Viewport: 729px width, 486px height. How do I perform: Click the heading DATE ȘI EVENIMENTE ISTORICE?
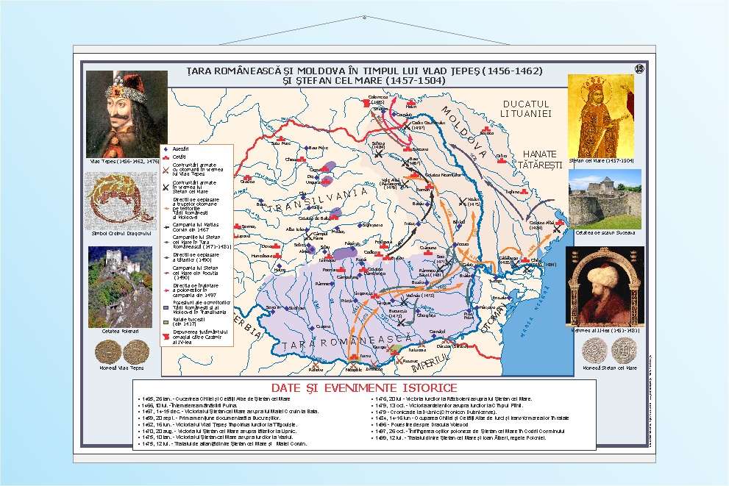pos(363,387)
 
